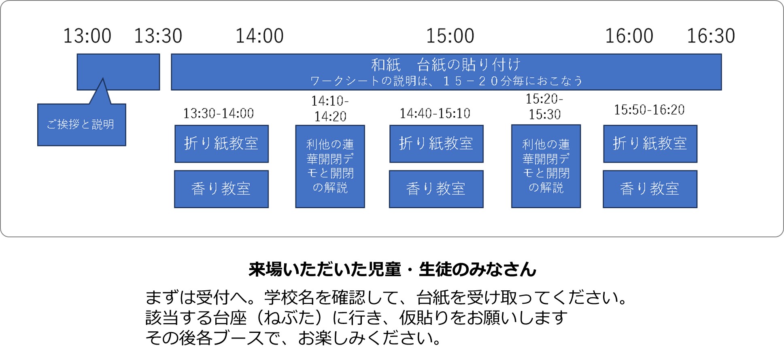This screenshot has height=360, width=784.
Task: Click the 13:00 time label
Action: (87, 36)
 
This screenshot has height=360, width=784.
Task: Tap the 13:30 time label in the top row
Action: (158, 36)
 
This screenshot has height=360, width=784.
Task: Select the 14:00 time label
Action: (259, 36)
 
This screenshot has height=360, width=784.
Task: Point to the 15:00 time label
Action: (450, 36)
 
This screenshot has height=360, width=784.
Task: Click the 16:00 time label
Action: (629, 36)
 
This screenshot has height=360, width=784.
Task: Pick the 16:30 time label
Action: (711, 36)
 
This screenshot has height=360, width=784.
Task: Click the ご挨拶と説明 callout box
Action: (82, 124)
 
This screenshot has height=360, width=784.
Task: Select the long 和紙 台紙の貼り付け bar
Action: (446, 72)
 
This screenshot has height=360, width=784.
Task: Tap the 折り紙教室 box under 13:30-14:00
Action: (221, 144)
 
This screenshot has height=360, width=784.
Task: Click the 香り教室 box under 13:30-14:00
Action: (221, 189)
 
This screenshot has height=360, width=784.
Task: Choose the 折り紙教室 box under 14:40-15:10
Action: (436, 144)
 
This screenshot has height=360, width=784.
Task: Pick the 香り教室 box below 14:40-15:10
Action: (436, 189)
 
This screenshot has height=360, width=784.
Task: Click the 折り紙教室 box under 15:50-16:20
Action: (650, 144)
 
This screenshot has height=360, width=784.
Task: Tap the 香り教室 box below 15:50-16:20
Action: (650, 189)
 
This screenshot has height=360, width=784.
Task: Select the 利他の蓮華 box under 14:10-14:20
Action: (330, 166)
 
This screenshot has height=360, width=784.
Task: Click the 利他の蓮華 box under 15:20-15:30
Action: (546, 166)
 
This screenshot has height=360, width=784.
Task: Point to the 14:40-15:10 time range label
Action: (435, 113)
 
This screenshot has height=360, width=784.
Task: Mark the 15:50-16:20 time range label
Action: (649, 110)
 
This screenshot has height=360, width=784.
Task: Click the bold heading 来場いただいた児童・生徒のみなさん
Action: (392, 269)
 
